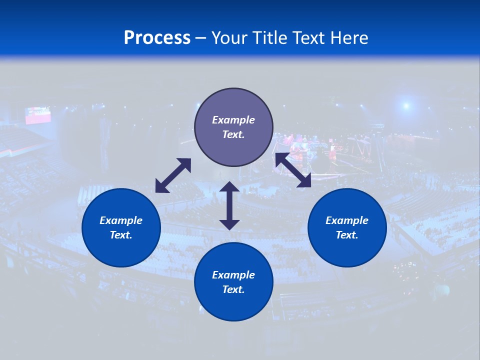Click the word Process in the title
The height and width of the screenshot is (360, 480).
click(x=157, y=38)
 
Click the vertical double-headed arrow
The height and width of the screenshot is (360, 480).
click(x=229, y=205)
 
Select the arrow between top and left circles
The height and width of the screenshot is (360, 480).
click(x=173, y=175)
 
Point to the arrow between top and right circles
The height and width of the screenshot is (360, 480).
click(x=293, y=170)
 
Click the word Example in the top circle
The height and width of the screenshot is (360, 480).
click(x=233, y=120)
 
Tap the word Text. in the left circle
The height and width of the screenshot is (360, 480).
click(x=121, y=235)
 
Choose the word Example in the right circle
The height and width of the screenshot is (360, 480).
click(x=347, y=220)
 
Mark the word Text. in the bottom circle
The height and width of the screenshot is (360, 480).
click(x=233, y=289)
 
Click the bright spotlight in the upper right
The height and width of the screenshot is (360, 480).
click(x=406, y=105)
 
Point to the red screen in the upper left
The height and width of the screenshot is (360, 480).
click(x=38, y=115)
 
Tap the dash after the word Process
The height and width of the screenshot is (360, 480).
click(x=201, y=38)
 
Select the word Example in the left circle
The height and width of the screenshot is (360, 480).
click(x=121, y=220)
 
